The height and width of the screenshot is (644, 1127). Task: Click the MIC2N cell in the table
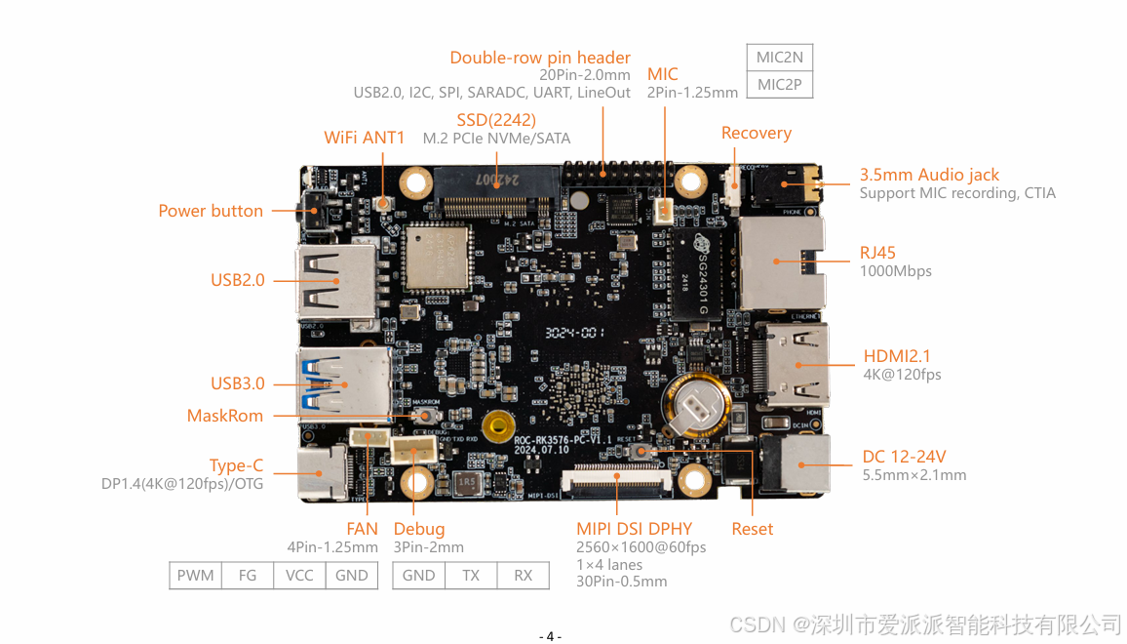pyautogui.click(x=779, y=58)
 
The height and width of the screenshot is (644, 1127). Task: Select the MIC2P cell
pyautogui.click(x=779, y=85)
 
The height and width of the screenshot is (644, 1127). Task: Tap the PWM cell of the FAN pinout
pyautogui.click(x=195, y=576)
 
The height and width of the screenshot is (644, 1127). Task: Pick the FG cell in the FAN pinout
pyautogui.click(x=248, y=576)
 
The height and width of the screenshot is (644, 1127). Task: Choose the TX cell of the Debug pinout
pyautogui.click(x=471, y=576)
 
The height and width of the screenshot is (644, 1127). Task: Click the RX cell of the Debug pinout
pyautogui.click(x=524, y=576)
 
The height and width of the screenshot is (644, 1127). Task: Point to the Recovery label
pyautogui.click(x=756, y=133)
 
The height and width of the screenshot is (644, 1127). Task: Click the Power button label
pyautogui.click(x=211, y=211)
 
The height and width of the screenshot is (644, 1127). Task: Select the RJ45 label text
pyautogui.click(x=877, y=253)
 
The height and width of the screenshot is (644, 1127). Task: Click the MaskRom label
pyautogui.click(x=225, y=416)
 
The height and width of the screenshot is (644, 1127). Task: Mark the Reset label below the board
pyautogui.click(x=752, y=529)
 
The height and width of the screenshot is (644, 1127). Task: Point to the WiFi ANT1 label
pyautogui.click(x=364, y=138)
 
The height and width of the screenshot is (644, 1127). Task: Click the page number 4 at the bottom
pyautogui.click(x=550, y=636)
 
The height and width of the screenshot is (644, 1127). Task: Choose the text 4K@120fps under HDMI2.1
pyautogui.click(x=902, y=375)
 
